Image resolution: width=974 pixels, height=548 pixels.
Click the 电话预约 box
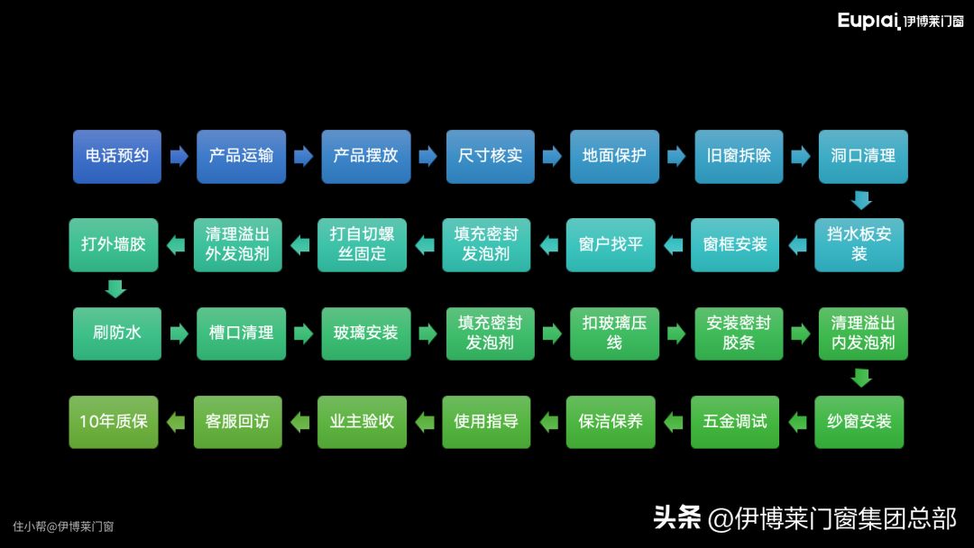pos(117,156)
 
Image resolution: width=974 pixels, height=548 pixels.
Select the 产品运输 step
pos(241,156)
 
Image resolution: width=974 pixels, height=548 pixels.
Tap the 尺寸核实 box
pos(490,156)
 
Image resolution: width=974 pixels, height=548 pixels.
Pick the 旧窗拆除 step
pos(739,156)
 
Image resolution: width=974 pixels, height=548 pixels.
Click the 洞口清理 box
pos(862,156)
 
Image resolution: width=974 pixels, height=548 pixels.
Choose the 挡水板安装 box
pos(859,244)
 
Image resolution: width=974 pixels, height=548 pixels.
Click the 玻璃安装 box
pos(365,333)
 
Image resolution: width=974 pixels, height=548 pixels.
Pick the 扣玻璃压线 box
pos(614,333)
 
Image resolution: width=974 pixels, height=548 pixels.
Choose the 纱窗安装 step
pos(859,421)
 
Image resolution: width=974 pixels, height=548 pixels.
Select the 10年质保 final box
pos(114,421)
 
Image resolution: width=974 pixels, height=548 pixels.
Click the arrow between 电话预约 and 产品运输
pos(179,156)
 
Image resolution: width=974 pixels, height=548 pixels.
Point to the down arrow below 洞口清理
pos(862,200)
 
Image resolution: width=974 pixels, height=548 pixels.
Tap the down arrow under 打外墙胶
pos(115,288)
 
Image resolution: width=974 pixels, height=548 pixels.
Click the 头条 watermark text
pos(677,518)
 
